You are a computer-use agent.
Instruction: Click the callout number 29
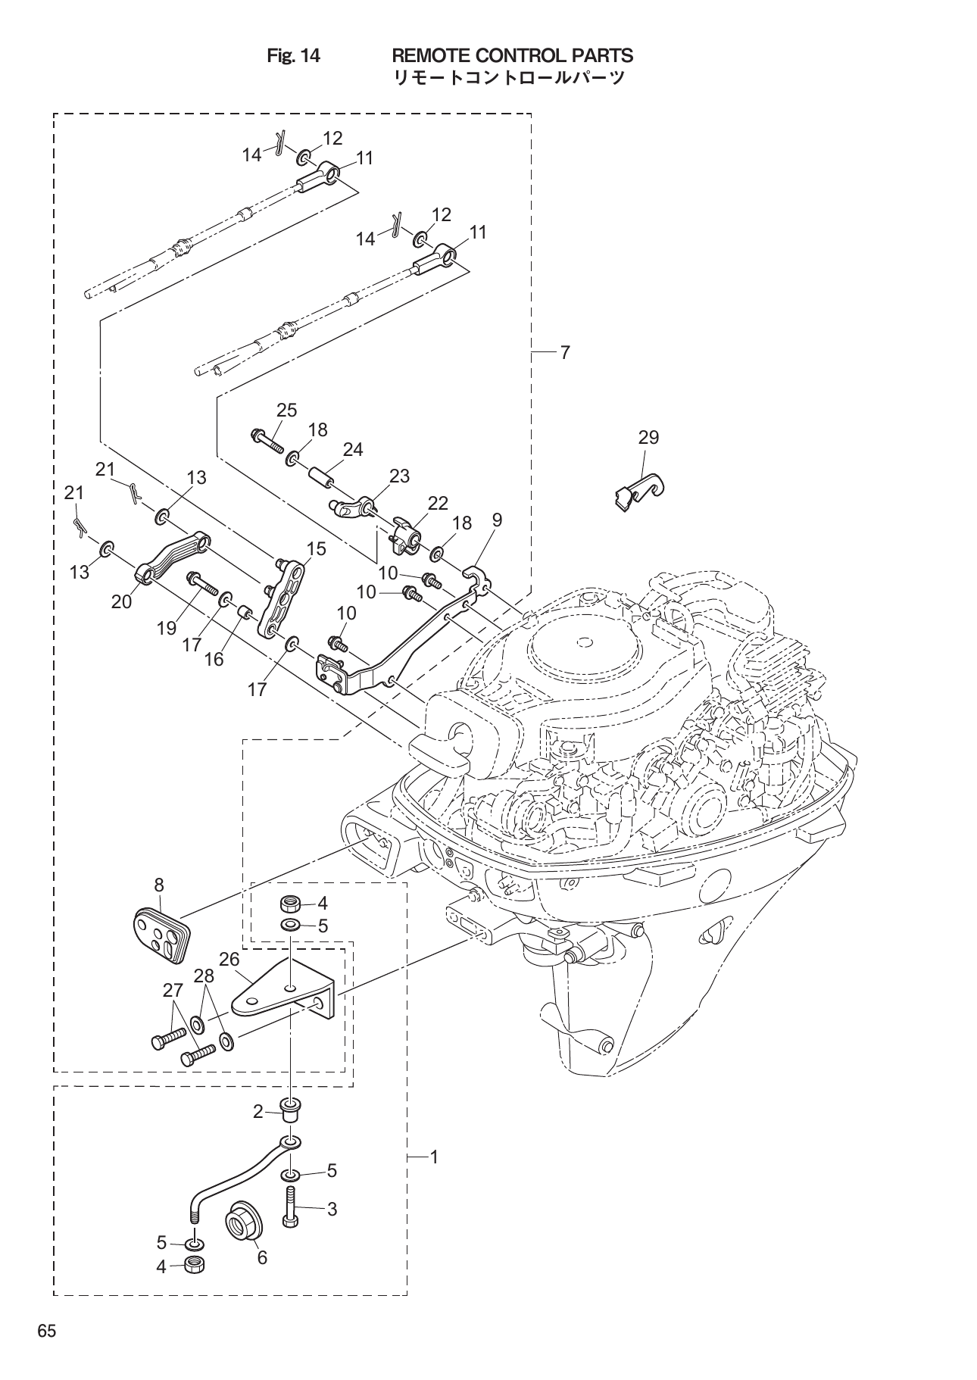[648, 437]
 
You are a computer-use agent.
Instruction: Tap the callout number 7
[565, 352]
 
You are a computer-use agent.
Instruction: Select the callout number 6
[262, 1258]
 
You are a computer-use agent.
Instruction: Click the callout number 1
[434, 1157]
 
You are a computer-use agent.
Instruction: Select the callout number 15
[316, 548]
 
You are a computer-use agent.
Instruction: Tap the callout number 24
[352, 449]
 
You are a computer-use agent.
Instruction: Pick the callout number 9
[497, 520]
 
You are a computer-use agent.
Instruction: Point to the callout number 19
[167, 627]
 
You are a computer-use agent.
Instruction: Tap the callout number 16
[214, 659]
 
